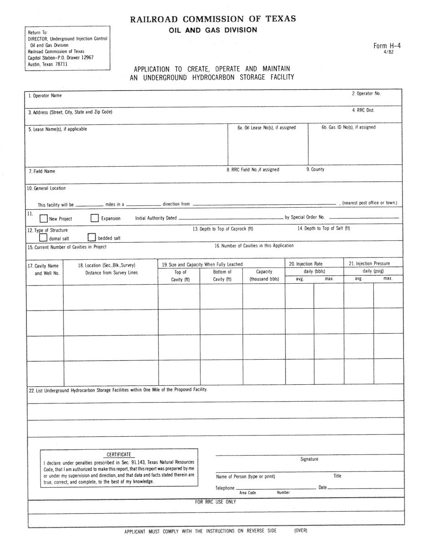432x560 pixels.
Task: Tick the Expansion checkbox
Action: click(x=94, y=218)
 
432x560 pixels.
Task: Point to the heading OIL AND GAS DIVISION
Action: click(x=213, y=31)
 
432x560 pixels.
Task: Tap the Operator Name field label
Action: click(x=45, y=95)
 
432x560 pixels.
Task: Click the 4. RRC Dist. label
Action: click(x=363, y=110)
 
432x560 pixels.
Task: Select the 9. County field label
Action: click(x=315, y=169)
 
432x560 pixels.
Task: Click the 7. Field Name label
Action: click(x=42, y=171)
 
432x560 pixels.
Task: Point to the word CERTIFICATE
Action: click(x=119, y=454)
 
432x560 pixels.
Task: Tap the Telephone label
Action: click(x=225, y=488)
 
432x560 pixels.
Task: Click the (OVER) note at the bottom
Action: click(x=301, y=530)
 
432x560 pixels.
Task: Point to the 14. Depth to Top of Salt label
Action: click(x=324, y=228)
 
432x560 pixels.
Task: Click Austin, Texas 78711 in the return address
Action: click(x=48, y=64)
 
